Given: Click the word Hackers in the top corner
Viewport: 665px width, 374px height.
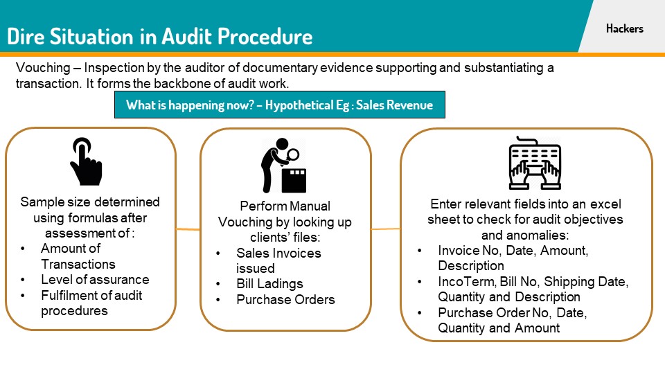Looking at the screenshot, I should pyautogui.click(x=624, y=28).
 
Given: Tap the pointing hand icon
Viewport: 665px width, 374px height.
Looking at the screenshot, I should pyautogui.click(x=85, y=161).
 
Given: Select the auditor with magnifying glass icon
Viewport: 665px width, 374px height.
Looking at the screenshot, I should pyautogui.click(x=284, y=166).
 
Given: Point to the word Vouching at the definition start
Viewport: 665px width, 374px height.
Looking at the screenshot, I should pyautogui.click(x=39, y=69).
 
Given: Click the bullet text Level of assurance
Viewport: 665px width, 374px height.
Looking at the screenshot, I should pyautogui.click(x=95, y=279).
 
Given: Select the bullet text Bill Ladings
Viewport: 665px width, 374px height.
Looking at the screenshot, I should pyautogui.click(x=269, y=284).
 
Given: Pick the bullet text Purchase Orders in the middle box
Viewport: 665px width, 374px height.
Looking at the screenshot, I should pyautogui.click(x=285, y=299).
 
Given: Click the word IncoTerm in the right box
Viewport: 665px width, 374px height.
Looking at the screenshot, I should pyautogui.click(x=462, y=281).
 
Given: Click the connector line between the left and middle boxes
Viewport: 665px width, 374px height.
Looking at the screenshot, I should pyautogui.click(x=188, y=229).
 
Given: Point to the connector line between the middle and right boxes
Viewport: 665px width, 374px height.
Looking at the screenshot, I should pyautogui.click(x=385, y=229).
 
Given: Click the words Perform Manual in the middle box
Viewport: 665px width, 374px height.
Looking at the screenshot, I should pyautogui.click(x=285, y=206).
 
